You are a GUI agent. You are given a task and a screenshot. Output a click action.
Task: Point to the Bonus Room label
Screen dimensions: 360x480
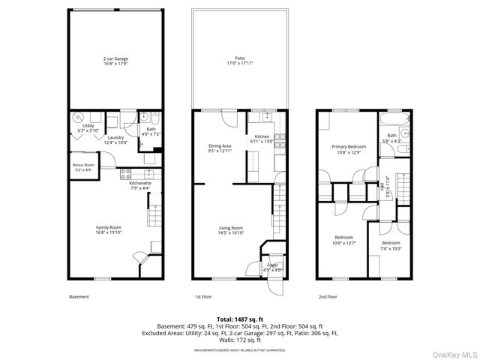83,166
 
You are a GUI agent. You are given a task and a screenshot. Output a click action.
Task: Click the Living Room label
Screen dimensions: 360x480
230,229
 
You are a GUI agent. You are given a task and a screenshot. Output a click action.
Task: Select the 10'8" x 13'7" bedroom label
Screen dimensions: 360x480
345,241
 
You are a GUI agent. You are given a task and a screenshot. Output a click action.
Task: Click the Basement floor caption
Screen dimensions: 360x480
79,297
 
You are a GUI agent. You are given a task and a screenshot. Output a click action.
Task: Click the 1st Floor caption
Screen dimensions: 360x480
205,297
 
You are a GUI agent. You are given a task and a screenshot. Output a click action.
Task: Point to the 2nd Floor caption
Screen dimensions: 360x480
328,297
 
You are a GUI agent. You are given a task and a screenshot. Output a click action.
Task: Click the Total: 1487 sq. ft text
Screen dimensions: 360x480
240,319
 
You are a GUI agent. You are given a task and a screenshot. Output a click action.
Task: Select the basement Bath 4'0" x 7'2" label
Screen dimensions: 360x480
151,131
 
